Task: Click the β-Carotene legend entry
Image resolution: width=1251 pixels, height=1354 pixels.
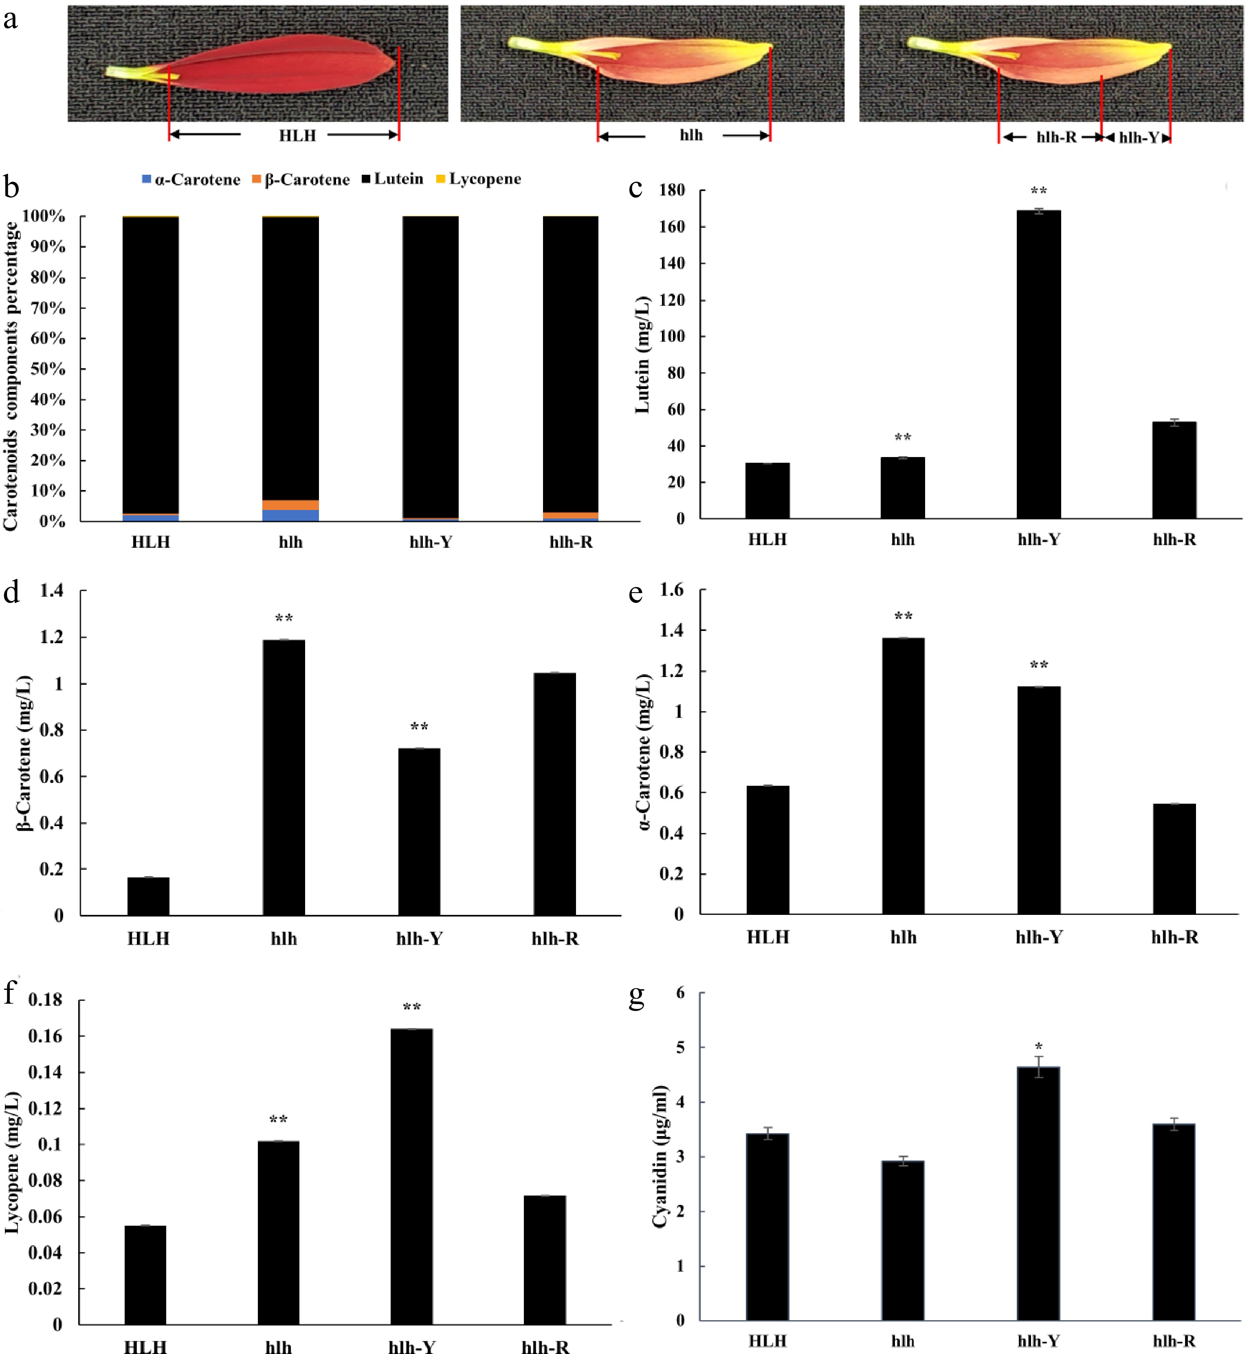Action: pyautogui.click(x=301, y=179)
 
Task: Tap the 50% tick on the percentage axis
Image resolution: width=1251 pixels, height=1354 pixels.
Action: pyautogui.click(x=47, y=369)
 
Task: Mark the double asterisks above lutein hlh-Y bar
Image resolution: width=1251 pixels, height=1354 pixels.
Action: pyautogui.click(x=1038, y=191)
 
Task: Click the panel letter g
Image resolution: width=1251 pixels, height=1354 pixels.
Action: pyautogui.click(x=636, y=996)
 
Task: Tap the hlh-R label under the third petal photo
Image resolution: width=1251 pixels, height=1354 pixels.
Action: pyautogui.click(x=1056, y=137)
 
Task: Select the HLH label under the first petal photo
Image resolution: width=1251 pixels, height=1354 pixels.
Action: pyautogui.click(x=297, y=135)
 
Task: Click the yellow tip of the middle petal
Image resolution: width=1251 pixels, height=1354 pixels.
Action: pyautogui.click(x=760, y=49)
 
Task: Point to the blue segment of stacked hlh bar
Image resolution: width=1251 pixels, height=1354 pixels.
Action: pyautogui.click(x=290, y=515)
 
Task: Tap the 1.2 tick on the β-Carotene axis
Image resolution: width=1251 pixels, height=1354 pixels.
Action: pyautogui.click(x=51, y=637)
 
